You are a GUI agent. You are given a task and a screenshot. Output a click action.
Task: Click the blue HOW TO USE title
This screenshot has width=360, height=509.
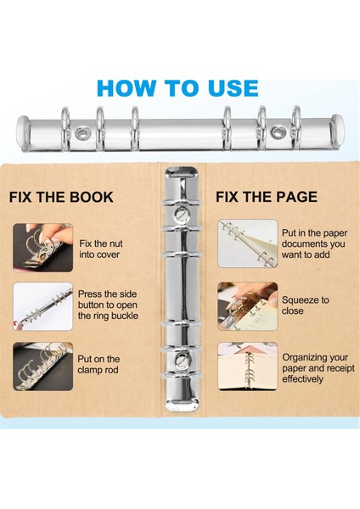[x=177, y=88]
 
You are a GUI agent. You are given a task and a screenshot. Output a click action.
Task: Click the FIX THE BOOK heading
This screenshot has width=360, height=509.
[x=61, y=197]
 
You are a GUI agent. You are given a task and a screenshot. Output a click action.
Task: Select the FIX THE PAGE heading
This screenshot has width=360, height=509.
[x=267, y=197]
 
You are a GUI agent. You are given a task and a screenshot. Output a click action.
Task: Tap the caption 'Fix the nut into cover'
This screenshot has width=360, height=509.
[x=101, y=249]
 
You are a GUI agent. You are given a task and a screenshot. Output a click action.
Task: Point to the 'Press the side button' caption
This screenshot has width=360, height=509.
[x=108, y=305]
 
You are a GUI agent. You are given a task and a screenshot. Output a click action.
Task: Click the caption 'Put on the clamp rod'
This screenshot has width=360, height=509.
[x=98, y=364]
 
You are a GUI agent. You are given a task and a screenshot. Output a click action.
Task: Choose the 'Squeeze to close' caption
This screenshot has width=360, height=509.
[x=305, y=305]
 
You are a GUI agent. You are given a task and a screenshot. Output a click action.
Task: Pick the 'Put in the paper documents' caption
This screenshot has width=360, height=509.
[x=314, y=243]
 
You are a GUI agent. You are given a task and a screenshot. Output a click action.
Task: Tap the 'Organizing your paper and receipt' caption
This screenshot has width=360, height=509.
[x=318, y=368]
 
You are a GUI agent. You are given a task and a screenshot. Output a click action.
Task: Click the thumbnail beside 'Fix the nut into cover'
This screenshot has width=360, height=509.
[x=43, y=248]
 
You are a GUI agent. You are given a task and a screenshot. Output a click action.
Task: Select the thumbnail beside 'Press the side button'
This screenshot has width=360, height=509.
[x=43, y=306]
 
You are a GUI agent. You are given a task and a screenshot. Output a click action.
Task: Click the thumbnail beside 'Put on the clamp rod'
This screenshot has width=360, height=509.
[x=43, y=366]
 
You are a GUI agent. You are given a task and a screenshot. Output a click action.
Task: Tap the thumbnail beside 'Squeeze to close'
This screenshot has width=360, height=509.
[x=248, y=306]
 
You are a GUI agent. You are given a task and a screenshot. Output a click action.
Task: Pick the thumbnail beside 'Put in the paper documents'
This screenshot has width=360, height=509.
[x=248, y=243]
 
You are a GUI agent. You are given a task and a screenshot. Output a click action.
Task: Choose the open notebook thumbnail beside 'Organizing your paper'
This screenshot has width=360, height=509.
[x=248, y=366]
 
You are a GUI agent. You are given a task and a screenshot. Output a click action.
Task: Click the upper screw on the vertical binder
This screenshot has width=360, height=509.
[x=181, y=214]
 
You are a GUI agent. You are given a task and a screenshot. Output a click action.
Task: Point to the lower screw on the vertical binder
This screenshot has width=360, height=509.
[x=181, y=360]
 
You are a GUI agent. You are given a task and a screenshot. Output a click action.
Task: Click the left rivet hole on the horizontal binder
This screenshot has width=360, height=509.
[x=82, y=133]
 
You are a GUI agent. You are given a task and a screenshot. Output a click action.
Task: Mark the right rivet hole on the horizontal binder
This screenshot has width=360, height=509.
[x=278, y=132]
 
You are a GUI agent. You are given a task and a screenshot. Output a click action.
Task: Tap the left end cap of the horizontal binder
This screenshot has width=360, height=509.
[x=24, y=133]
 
